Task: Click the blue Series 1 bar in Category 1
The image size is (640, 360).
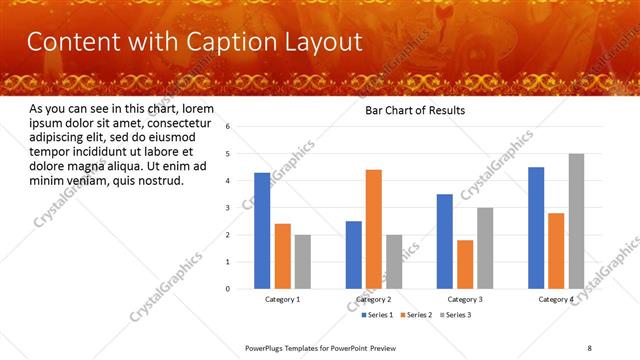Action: tap(262, 231)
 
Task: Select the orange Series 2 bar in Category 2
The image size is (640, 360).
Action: tap(374, 229)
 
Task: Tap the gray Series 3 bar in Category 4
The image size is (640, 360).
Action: tap(576, 221)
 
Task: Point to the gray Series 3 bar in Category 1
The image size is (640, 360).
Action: tap(303, 262)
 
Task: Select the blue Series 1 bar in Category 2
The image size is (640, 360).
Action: tap(354, 255)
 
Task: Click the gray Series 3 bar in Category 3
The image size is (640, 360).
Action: tap(485, 248)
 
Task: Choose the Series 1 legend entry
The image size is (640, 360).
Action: tap(377, 315)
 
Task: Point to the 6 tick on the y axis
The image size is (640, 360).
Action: tap(229, 127)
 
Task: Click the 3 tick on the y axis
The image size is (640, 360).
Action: tap(229, 208)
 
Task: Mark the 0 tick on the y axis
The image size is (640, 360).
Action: tap(229, 289)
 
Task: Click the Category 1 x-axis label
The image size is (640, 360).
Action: tap(283, 300)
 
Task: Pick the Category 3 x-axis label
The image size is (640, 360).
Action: tap(465, 300)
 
